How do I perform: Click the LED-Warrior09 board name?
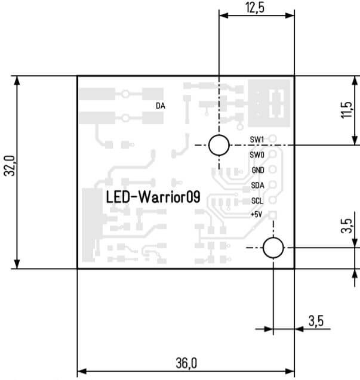pos(152,197)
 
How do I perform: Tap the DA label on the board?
pos(160,106)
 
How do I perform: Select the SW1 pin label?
pos(257,140)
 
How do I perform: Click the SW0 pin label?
pos(257,155)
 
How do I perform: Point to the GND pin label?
pos(257,170)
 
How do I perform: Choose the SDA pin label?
pos(257,185)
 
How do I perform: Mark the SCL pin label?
pos(257,200)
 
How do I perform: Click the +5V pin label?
pos(256,215)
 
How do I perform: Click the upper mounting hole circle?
pos(219,144)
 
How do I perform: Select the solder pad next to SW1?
pos(273,140)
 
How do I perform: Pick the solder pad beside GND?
pos(273,170)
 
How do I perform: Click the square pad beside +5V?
pos(273,215)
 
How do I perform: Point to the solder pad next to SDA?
pos(273,185)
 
